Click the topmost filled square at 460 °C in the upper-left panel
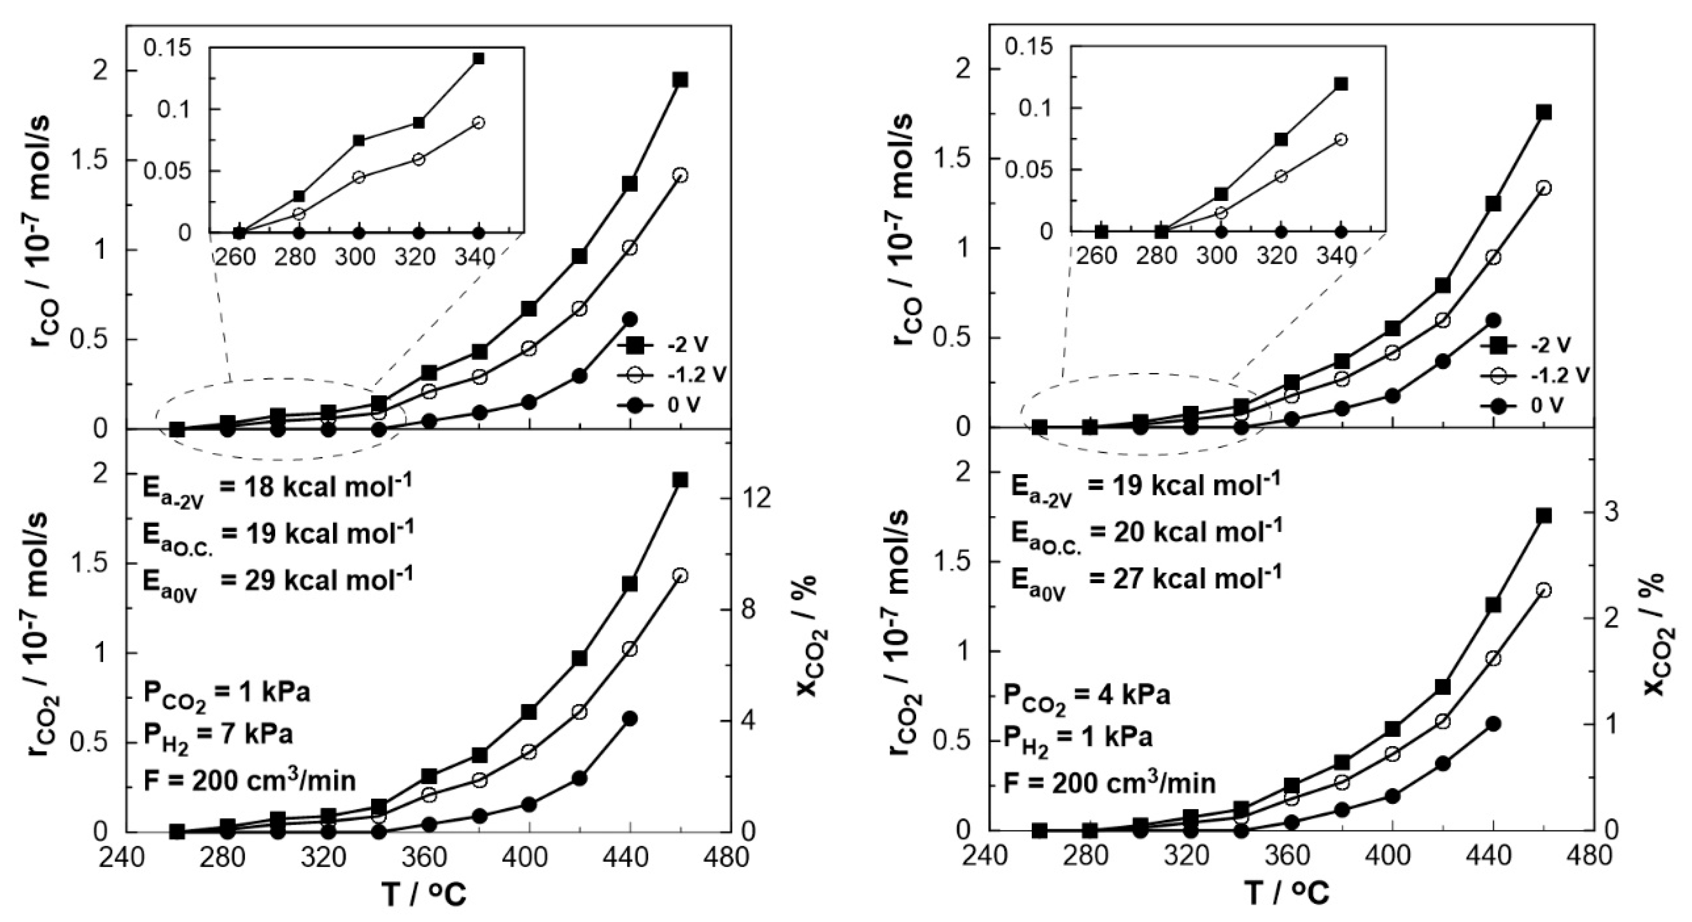click(680, 80)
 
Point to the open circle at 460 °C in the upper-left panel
click(680, 175)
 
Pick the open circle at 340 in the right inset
click(1341, 139)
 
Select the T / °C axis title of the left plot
click(426, 895)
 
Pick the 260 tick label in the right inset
click(1096, 255)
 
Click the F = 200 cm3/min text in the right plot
click(1110, 784)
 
